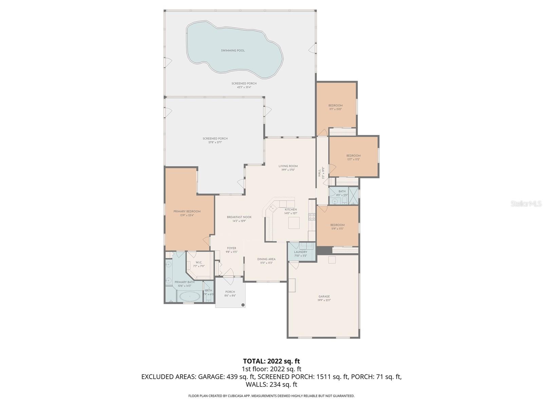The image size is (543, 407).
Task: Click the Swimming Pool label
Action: pos(233,51)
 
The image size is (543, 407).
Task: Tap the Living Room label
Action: pos(288,166)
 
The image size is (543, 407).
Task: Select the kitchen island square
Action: pos(294,223)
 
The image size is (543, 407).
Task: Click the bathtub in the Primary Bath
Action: pos(190,297)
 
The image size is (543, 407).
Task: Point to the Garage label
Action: pos(324,296)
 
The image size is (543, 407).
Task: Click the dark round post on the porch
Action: pos(243,305)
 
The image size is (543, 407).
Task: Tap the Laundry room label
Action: pos(301,252)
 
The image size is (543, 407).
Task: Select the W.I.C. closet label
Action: pos(199,263)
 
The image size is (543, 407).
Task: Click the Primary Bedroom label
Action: pos(187,211)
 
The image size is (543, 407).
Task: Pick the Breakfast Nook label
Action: pos(239,217)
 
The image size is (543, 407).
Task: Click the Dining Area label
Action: pos(266,259)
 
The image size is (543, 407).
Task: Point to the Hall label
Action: pos(319,173)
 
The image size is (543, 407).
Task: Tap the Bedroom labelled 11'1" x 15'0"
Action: pos(336,105)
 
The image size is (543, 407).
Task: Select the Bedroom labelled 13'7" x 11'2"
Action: pos(353,156)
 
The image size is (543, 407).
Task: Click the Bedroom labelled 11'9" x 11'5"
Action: pos(337,225)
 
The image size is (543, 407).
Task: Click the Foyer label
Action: pos(231,248)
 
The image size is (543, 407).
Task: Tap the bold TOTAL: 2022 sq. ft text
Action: pos(271,361)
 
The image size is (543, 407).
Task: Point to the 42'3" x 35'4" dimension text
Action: pos(244,87)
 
